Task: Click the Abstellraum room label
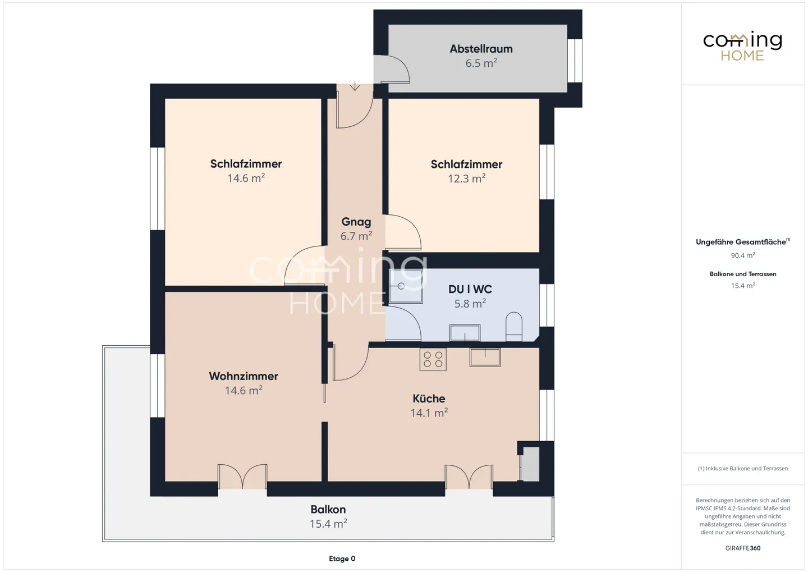tap(481, 49)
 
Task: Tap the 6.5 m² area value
tap(481, 63)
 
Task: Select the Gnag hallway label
tap(356, 222)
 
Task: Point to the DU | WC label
tap(470, 289)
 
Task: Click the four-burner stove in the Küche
tap(433, 359)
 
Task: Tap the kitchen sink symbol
tap(485, 357)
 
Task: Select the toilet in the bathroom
tap(513, 327)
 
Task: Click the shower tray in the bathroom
tap(406, 286)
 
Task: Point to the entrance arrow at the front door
tap(355, 86)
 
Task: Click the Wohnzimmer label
tap(244, 376)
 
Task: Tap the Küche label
tap(429, 399)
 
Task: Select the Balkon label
tap(328, 509)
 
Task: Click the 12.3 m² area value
tap(466, 179)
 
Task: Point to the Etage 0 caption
tap(342, 559)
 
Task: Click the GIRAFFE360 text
tap(743, 548)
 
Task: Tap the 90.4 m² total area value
tap(743, 255)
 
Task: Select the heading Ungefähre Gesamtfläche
tap(741, 242)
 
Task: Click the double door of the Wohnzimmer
tap(242, 477)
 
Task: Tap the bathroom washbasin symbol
tap(465, 332)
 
